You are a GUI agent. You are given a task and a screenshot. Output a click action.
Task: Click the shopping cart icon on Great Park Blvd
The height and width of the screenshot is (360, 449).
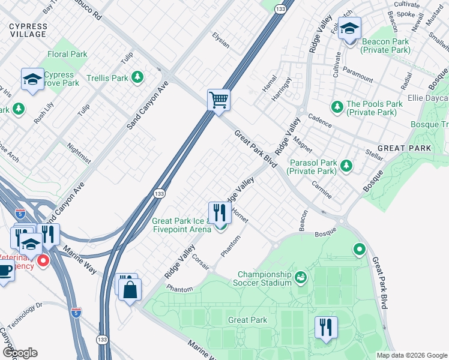click(x=219, y=99)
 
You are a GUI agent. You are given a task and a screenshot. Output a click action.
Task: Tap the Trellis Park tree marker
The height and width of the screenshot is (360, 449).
click(x=138, y=77)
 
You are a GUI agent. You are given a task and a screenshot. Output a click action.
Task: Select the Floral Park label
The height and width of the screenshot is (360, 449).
click(x=67, y=54)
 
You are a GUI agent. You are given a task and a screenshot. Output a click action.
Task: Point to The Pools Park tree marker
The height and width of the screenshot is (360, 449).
click(x=337, y=107)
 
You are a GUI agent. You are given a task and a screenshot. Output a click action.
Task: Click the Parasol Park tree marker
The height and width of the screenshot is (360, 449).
click(x=346, y=166)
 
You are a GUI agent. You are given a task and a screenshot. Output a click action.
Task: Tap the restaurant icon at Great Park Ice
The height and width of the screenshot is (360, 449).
click(x=220, y=212)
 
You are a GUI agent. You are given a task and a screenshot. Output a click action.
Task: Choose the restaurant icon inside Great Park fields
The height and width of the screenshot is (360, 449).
click(x=326, y=328)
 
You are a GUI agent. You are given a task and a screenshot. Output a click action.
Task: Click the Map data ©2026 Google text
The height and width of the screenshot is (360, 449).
click(x=411, y=355)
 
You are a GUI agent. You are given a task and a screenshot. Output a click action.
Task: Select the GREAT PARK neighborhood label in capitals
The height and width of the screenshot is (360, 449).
click(x=404, y=148)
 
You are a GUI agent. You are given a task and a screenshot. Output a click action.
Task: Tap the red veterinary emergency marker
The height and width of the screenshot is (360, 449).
click(x=43, y=261)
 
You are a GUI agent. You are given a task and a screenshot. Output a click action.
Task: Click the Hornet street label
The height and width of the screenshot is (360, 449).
click(x=239, y=214)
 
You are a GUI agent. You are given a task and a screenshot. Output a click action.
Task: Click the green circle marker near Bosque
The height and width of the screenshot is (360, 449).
click(x=360, y=248)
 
